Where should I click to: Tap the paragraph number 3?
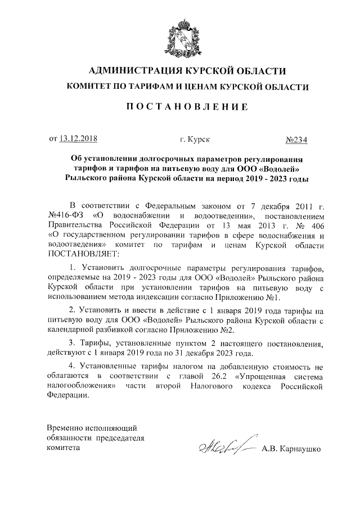click(x=71, y=344)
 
